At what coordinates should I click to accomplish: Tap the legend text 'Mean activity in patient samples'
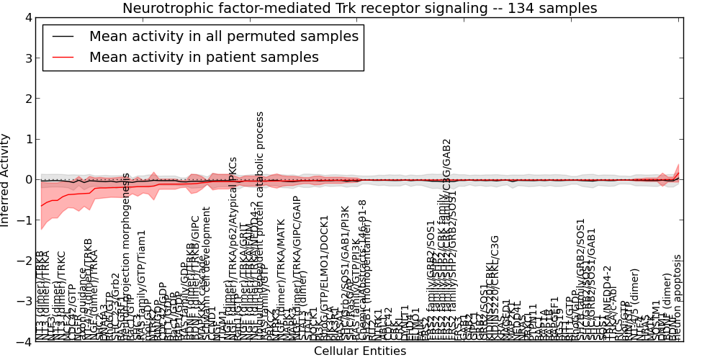click(x=204, y=57)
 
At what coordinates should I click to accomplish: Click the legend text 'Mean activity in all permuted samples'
click(x=223, y=36)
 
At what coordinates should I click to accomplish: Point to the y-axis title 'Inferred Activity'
click(x=6, y=179)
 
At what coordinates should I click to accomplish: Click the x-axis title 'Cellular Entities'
click(x=359, y=351)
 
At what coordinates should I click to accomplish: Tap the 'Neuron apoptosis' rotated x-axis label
click(x=677, y=297)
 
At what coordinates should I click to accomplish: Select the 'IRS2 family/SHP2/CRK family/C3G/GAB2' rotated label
click(x=446, y=238)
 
